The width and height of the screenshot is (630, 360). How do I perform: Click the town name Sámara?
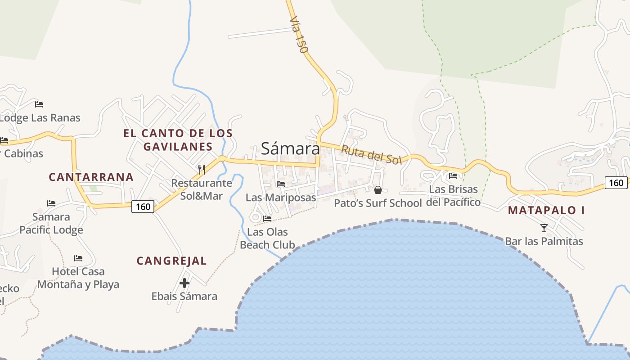[x=290, y=148]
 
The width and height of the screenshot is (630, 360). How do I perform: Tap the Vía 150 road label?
[x=298, y=35]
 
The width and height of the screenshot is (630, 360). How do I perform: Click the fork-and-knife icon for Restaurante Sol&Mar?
[x=202, y=170]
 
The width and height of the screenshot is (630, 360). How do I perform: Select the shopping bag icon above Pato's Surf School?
[x=378, y=190]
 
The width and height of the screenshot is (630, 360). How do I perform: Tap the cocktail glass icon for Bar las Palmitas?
[x=544, y=228]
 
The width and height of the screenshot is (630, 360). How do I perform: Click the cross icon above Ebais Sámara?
[x=184, y=283]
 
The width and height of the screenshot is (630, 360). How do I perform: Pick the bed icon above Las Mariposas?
[x=281, y=184]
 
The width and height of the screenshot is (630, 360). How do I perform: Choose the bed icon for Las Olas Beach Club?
[x=267, y=219]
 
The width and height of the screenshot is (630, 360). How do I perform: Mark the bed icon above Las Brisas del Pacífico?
[x=453, y=176]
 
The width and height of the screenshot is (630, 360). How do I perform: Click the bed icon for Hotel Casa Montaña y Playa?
[x=78, y=258]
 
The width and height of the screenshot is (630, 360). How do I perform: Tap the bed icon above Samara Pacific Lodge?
[x=51, y=203]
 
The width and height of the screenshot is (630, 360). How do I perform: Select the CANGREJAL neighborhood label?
[x=171, y=261]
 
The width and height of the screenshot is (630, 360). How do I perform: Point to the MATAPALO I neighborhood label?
[x=546, y=210]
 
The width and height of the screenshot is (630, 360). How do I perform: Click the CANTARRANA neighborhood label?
[x=91, y=177]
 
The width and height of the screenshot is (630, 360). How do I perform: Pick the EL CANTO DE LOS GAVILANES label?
[x=178, y=140]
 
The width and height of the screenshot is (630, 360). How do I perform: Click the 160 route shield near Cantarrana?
[x=143, y=207]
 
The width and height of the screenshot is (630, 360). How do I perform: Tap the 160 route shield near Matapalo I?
[x=616, y=182]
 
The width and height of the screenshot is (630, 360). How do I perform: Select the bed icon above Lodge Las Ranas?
[x=39, y=104]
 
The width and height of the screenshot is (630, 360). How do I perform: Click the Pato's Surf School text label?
[x=378, y=203]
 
